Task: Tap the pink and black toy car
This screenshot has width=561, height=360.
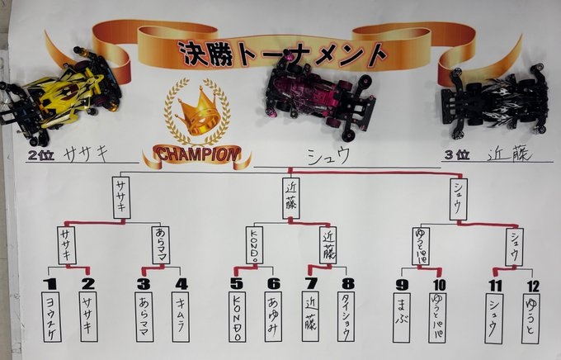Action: pyautogui.click(x=318, y=97)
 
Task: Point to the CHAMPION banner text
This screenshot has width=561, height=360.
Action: pyautogui.click(x=196, y=154)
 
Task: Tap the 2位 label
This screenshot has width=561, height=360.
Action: pyautogui.click(x=40, y=154)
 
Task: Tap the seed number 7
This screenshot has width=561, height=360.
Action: pyautogui.click(x=310, y=283)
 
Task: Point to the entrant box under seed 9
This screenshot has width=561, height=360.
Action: pyautogui.click(x=402, y=317)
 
